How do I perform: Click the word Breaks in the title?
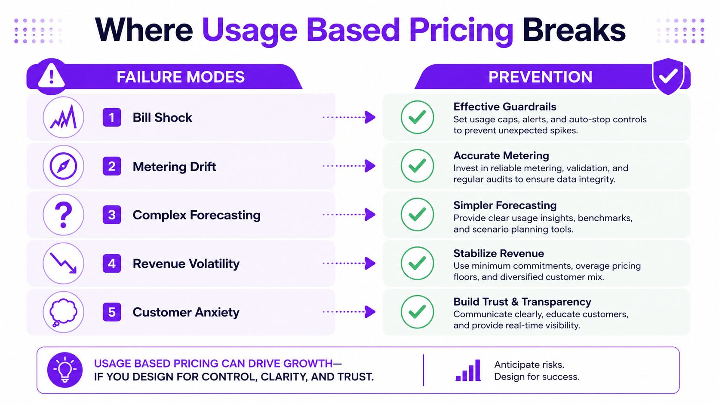pos(574,30)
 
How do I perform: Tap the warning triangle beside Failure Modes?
pos(51,76)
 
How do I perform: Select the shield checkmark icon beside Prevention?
pos(668,76)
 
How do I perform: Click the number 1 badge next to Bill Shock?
pos(112,118)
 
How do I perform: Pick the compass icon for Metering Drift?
pos(63,166)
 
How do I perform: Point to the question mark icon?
pos(63,215)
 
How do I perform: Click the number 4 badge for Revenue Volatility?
pos(112,263)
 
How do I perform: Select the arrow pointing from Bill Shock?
pos(349,117)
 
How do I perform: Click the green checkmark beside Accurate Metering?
pos(417,166)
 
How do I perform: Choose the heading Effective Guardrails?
pos(504,106)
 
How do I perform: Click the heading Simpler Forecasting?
pos(505,205)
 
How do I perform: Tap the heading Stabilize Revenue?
pos(498,253)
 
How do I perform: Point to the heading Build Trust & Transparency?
pos(522,302)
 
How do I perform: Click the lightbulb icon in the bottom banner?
pos(65,370)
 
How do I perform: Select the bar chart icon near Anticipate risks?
pos(468,370)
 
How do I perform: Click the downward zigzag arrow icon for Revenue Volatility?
pos(63,263)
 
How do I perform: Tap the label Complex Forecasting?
pos(197,215)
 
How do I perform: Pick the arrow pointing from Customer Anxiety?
pos(349,312)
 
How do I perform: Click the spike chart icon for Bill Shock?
pos(63,117)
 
